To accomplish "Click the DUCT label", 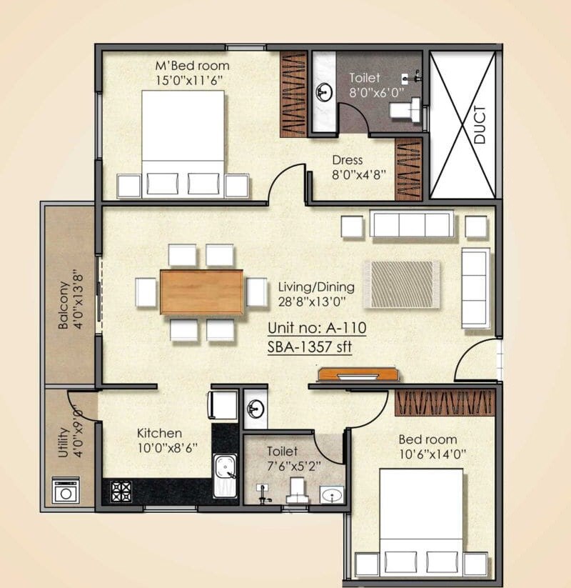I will coord(480,125).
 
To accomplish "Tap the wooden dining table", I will coord(201,291).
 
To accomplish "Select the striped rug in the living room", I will coord(401,284).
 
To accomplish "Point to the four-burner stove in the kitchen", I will coord(121,491).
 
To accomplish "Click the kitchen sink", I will coord(227,471).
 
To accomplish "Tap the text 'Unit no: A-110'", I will coord(316,329).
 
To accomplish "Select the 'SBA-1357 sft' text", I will coord(310,347).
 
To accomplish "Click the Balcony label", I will coord(64,306).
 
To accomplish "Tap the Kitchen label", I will coord(159,433).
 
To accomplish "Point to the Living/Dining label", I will coord(311,286).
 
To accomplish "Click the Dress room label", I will coord(348,160).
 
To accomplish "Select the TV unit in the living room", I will coord(358,374).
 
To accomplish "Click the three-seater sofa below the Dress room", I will coord(411,224).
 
